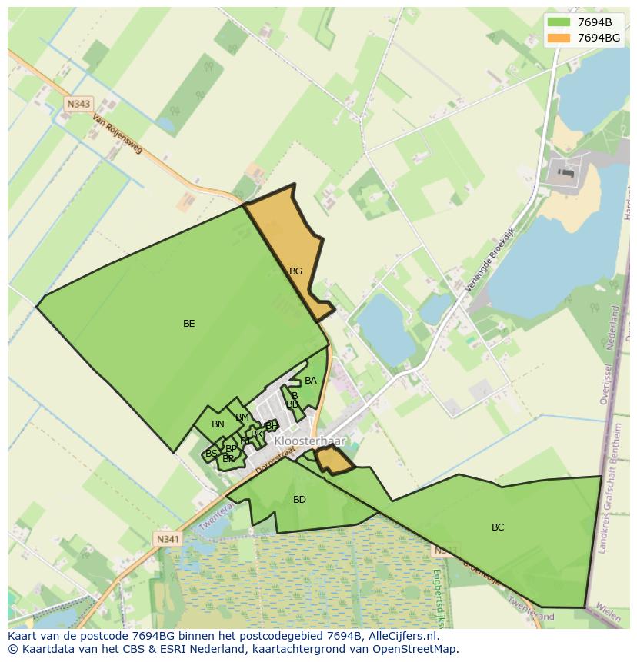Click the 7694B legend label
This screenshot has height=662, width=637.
click(x=595, y=22)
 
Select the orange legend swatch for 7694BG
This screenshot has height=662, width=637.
click(x=559, y=38)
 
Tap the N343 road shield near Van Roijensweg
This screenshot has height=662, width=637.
click(x=78, y=104)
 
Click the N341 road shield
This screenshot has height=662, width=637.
click(x=168, y=539)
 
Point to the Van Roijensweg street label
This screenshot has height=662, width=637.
click(x=117, y=135)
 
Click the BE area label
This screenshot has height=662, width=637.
click(x=188, y=324)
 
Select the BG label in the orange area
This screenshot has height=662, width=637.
click(x=295, y=271)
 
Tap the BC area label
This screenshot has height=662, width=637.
click(x=498, y=527)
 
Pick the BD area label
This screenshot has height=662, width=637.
click(x=299, y=500)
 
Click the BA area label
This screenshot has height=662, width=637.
click(x=311, y=381)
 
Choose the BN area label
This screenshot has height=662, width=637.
click(x=218, y=424)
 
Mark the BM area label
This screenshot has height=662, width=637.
click(x=242, y=417)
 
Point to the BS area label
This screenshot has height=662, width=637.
click(x=211, y=454)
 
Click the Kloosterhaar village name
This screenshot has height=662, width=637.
click(x=310, y=442)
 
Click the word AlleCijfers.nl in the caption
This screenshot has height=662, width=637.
click(x=400, y=636)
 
